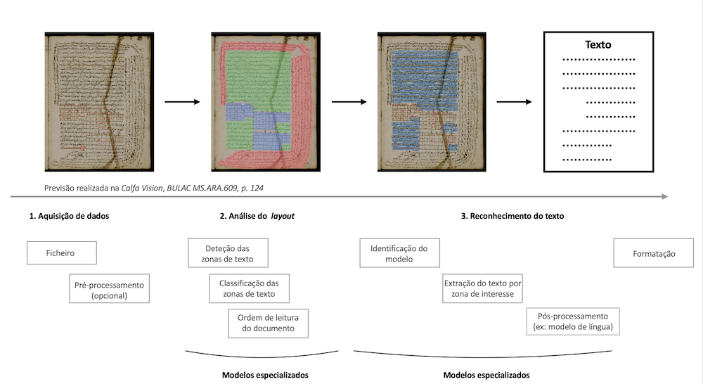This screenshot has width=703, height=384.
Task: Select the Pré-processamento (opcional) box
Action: point(109,290)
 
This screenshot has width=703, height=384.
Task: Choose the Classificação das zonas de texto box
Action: point(249,288)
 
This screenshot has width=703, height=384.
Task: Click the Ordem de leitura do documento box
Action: point(269,323)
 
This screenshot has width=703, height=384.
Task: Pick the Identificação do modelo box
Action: point(399,253)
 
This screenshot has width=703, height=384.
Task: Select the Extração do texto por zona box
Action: point(482,288)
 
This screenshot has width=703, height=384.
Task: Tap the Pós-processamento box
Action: point(572,321)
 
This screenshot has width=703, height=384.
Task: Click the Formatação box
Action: point(654,253)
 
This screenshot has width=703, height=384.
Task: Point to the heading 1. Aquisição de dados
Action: point(69,217)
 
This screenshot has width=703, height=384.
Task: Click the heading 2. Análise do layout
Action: point(257,217)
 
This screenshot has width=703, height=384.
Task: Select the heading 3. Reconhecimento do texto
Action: point(512,217)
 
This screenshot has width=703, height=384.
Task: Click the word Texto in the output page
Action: point(599,45)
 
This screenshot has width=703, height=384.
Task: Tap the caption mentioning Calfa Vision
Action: point(154,188)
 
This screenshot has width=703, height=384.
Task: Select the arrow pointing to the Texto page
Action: point(513,102)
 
